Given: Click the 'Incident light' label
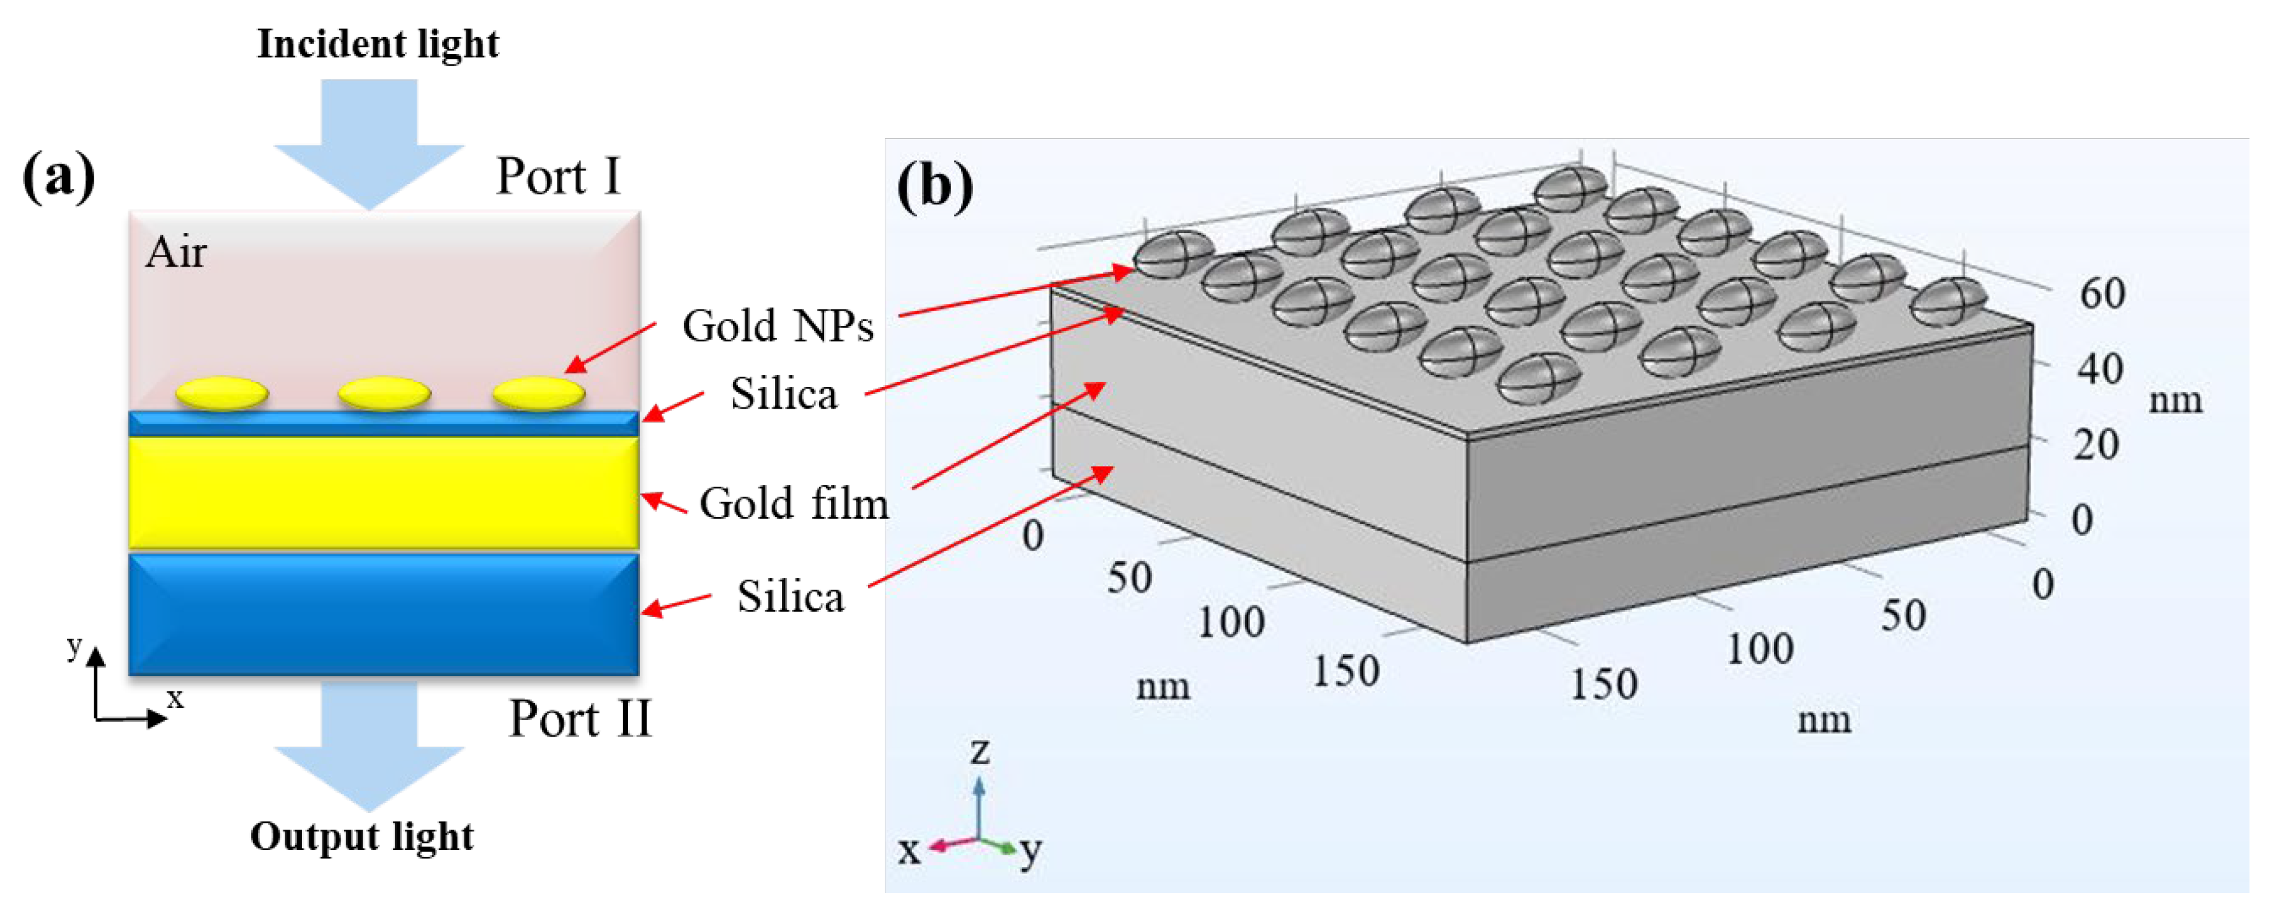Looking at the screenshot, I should [378, 44].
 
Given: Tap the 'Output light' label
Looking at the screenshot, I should [361, 836].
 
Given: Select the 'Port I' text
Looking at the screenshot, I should [558, 176].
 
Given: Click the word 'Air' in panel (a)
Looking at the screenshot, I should [176, 253].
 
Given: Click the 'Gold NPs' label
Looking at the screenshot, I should [778, 326].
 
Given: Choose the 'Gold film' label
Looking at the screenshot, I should [793, 504].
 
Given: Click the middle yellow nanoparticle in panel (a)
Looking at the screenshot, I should [384, 392].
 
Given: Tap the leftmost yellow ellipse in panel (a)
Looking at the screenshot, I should [222, 392].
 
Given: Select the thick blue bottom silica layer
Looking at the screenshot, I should [383, 614].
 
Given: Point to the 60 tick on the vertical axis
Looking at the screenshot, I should [2102, 293].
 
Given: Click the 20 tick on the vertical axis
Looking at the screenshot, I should [2095, 445].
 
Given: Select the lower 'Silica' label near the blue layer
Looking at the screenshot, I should [791, 597].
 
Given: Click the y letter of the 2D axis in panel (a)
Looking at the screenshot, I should [74, 646].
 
